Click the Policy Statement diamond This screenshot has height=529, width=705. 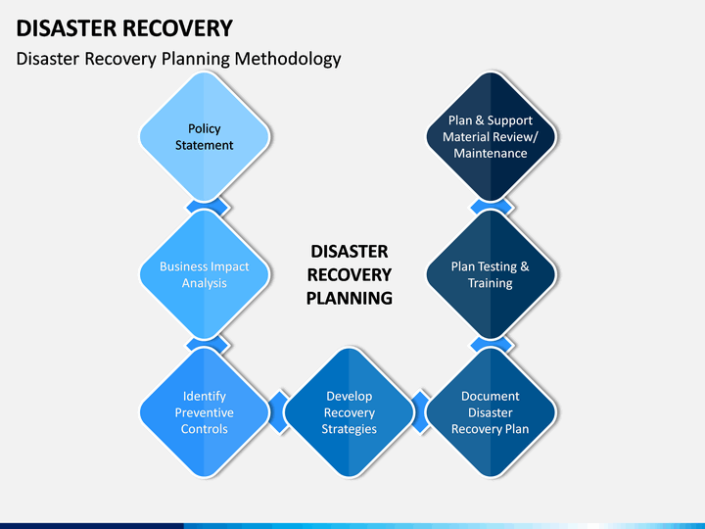[x=205, y=136]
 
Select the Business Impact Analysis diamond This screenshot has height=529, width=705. [x=205, y=274]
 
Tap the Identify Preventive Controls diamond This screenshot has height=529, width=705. [x=205, y=412]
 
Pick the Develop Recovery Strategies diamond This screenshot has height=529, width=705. [x=349, y=412]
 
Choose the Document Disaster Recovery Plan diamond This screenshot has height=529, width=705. [x=491, y=412]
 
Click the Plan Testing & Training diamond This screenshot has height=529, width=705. [x=491, y=274]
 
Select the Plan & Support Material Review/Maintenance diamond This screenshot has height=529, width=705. [x=491, y=136]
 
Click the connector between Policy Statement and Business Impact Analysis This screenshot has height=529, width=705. [x=208, y=207]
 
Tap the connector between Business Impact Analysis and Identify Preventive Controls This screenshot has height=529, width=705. [x=208, y=344]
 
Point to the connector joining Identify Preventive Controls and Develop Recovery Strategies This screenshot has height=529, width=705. [x=279, y=412]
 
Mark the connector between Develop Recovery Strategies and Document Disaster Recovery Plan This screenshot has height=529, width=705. [x=421, y=412]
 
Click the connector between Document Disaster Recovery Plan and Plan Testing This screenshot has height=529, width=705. [x=491, y=344]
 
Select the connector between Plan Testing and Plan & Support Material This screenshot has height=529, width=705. [x=491, y=207]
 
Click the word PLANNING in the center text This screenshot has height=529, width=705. [x=350, y=298]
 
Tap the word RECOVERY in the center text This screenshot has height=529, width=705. [x=350, y=275]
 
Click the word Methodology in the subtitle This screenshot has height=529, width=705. [x=288, y=59]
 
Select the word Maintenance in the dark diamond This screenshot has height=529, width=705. [x=491, y=154]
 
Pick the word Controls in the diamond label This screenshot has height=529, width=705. [x=204, y=429]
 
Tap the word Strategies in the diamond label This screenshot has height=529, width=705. [x=349, y=429]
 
